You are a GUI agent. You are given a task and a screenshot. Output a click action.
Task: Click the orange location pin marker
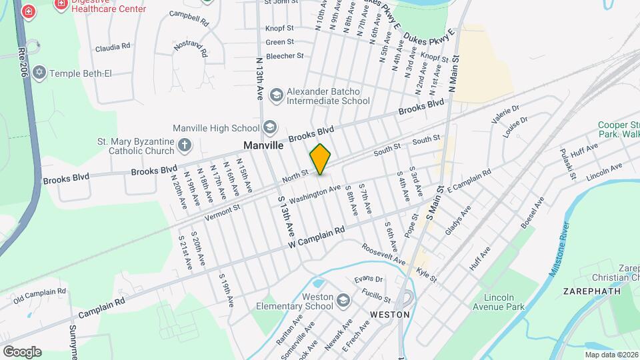point(321,159)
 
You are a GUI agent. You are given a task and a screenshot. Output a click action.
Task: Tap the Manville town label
point(263,145)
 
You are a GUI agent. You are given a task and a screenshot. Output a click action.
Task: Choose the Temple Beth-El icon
point(39,72)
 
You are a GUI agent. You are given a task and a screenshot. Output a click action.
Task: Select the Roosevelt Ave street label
point(383,254)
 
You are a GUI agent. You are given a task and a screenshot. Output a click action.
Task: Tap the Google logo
point(22,351)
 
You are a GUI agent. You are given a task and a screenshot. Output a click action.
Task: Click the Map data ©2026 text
point(611,355)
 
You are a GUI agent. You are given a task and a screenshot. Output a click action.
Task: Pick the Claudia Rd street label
point(112,47)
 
